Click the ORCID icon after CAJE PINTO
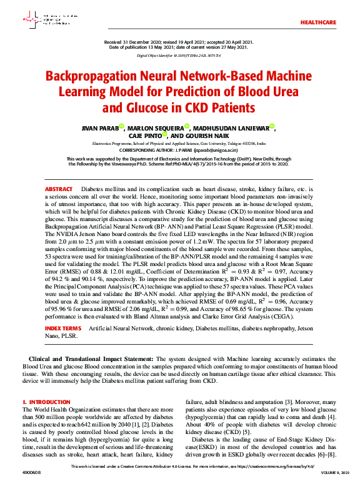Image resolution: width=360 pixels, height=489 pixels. click(164, 134)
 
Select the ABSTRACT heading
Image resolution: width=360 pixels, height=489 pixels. click(58, 188)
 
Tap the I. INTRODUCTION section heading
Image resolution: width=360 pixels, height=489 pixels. click(46, 402)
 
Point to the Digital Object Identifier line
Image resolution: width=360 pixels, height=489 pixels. click(179, 55)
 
